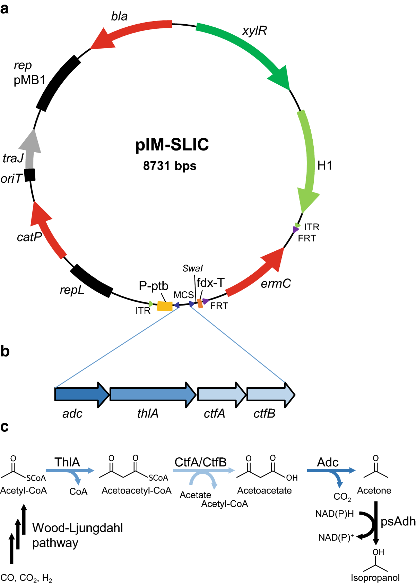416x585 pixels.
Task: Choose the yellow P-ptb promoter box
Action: coord(165,306)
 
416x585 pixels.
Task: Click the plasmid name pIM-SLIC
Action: coord(172,145)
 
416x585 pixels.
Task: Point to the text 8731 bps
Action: coord(170,166)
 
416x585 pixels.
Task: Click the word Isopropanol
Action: coord(375,578)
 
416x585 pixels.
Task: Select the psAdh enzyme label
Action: coord(398,521)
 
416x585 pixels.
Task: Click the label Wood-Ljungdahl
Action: coord(77,528)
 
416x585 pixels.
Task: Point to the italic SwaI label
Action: coord(192,268)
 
